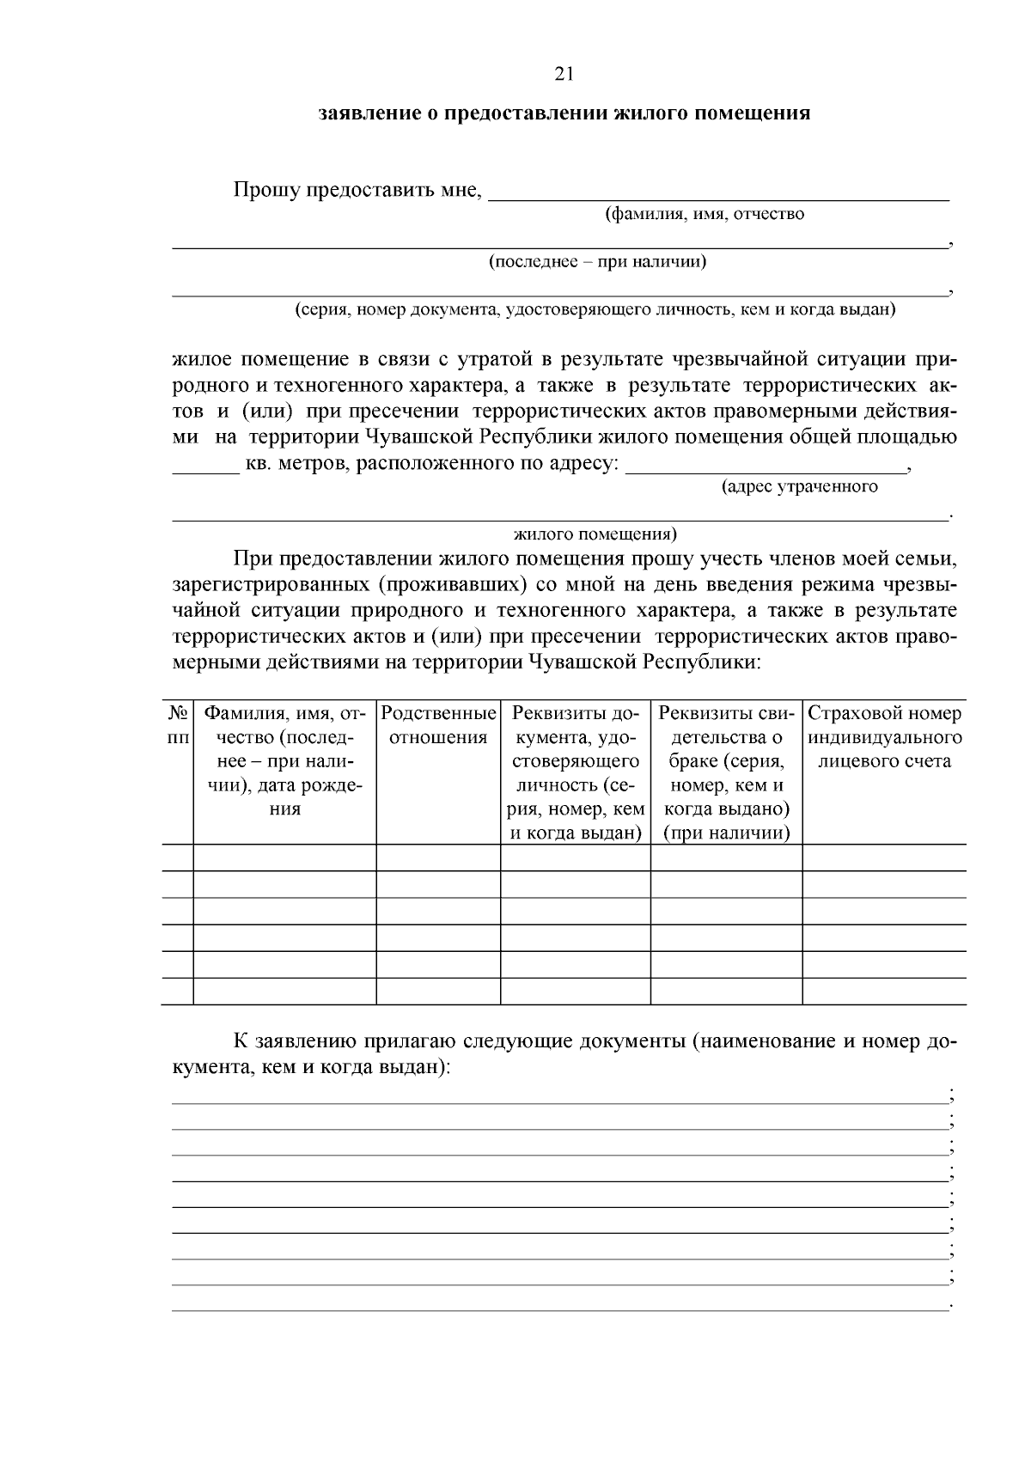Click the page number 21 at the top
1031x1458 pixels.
coord(564,74)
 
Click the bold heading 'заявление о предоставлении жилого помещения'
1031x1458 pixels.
coord(564,113)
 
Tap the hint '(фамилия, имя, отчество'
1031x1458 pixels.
coord(705,214)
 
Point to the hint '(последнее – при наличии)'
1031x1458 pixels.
coord(598,262)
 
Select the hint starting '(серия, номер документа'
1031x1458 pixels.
coord(595,309)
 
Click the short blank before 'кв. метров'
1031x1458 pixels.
coord(206,468)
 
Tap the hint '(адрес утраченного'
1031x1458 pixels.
coord(799,487)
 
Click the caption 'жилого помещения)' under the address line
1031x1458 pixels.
coord(595,534)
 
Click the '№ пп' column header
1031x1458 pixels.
coord(178,726)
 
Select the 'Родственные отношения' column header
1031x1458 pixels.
coord(438,726)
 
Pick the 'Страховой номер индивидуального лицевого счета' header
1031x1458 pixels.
coord(884,737)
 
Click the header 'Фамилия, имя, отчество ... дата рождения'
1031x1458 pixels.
coord(284,761)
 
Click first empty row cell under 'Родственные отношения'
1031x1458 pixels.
coord(438,857)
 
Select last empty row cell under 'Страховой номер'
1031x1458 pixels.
coord(884,991)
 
